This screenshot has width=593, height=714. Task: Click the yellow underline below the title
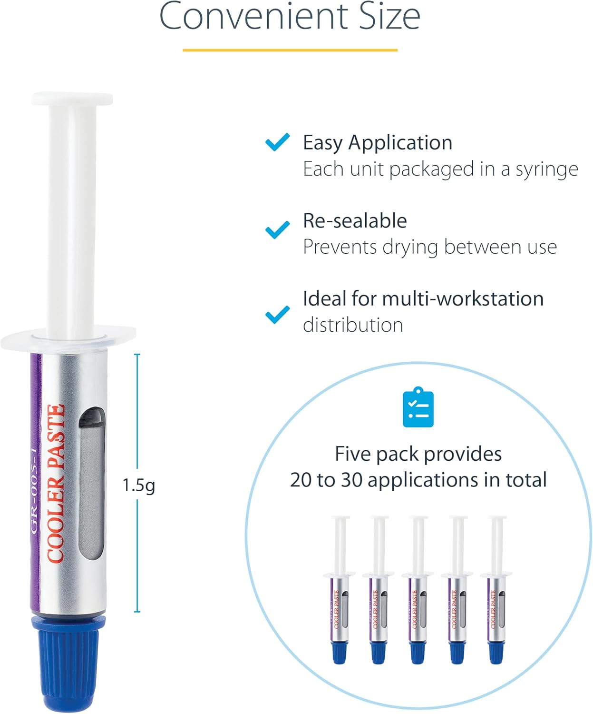290,50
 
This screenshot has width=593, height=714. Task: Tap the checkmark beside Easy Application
277,142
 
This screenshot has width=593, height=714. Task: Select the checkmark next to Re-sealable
277,229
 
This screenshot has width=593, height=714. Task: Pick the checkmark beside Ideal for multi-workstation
277,315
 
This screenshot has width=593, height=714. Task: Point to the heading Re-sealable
355,221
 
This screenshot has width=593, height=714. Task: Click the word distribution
353,325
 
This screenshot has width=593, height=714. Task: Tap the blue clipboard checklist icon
418,407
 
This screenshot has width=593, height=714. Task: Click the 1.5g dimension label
138,485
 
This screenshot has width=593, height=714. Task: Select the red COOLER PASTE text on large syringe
56,483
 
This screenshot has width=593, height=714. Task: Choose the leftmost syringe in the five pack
340,590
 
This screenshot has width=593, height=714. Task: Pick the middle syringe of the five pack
418,590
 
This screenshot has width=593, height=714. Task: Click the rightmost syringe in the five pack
496,590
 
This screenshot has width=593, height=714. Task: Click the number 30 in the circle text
351,480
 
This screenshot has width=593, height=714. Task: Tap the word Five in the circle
352,454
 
